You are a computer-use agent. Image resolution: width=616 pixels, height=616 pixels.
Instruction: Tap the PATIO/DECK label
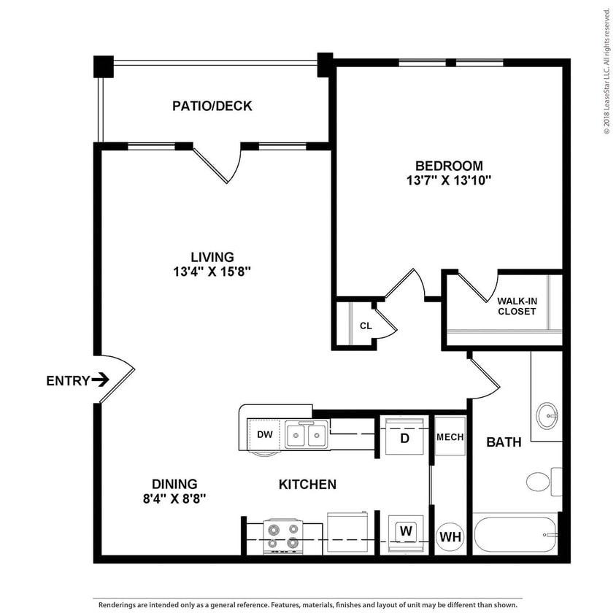(x=212, y=106)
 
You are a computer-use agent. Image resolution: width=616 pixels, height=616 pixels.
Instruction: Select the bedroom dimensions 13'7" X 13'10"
(x=449, y=180)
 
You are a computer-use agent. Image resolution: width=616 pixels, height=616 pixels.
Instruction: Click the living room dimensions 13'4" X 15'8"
(x=212, y=272)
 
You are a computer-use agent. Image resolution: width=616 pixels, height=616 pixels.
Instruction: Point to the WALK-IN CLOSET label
(x=517, y=306)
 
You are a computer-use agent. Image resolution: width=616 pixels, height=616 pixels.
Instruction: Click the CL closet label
(x=366, y=326)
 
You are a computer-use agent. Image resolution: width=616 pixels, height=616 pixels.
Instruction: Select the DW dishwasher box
(x=264, y=435)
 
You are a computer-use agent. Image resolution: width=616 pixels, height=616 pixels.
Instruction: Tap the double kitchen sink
(x=307, y=436)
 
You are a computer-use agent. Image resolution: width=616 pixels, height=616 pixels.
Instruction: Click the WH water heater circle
(x=450, y=537)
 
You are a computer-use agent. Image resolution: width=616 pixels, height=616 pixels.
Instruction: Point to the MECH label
(x=450, y=437)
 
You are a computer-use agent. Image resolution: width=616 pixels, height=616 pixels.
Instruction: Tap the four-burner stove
(x=282, y=536)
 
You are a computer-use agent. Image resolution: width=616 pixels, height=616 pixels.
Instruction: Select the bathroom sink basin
(x=547, y=417)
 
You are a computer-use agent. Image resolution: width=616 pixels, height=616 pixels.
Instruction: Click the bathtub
(x=515, y=535)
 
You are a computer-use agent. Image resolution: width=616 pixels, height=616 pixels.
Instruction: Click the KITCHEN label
(x=307, y=484)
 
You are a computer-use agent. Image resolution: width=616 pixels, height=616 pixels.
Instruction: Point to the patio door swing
(x=219, y=164)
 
